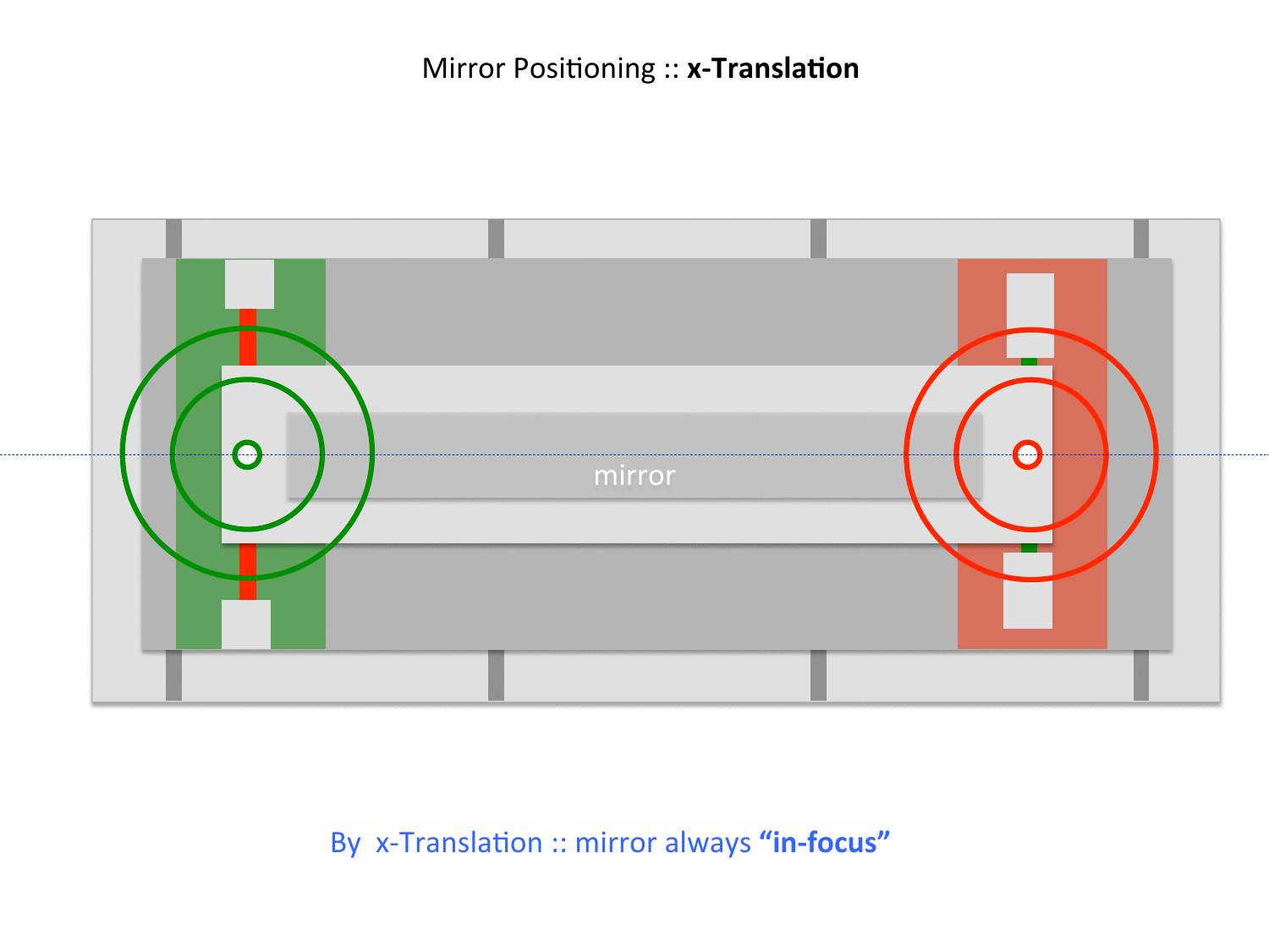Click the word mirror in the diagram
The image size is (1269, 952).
pos(634,476)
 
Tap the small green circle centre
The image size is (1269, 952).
pos(247,454)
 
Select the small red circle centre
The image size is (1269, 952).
pos(1028,454)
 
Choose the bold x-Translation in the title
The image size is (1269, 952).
pos(772,69)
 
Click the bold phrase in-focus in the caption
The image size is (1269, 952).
pos(825,843)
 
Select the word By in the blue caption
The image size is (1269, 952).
pos(345,843)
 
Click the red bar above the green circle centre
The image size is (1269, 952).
pos(248,337)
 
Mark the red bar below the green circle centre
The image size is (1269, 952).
pos(248,571)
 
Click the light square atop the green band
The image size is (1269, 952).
pos(250,283)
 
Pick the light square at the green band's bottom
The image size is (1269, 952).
pos(246,625)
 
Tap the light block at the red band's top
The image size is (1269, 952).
pos(1030,315)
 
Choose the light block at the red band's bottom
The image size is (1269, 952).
pos(1028,591)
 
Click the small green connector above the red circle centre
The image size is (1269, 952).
pos(1029,362)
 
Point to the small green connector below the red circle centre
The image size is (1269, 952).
pos(1029,548)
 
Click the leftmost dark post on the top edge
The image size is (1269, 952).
pos(173,239)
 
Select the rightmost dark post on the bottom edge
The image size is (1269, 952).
pos(1141,675)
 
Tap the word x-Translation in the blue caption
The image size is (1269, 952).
pos(459,843)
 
